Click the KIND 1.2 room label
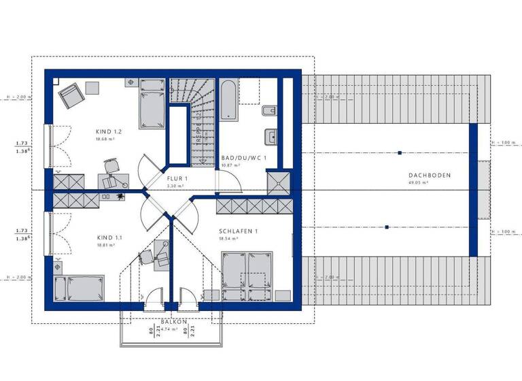(x=109, y=131)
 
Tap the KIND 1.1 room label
(x=109, y=237)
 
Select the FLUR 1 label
(x=177, y=178)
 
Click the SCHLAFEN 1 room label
(x=238, y=231)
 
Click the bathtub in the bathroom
(x=228, y=101)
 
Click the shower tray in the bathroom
(x=277, y=182)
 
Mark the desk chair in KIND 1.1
(x=145, y=258)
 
